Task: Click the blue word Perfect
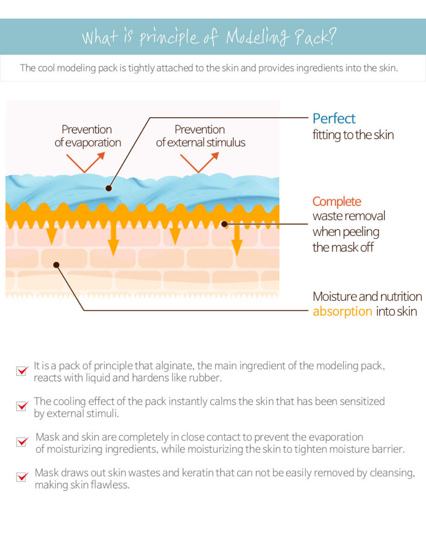click(334, 118)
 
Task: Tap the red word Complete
click(336, 201)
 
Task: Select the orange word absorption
click(342, 312)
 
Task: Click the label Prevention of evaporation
click(88, 136)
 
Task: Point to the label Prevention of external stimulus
click(200, 136)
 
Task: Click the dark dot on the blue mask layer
click(108, 188)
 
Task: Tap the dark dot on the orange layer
click(224, 224)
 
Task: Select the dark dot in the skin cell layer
click(56, 265)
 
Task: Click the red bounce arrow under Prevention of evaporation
click(85, 162)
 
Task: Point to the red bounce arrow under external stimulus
click(199, 162)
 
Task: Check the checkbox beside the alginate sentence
click(22, 371)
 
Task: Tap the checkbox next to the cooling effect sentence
click(22, 406)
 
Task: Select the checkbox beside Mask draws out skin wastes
click(22, 477)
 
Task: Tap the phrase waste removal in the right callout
click(349, 216)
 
